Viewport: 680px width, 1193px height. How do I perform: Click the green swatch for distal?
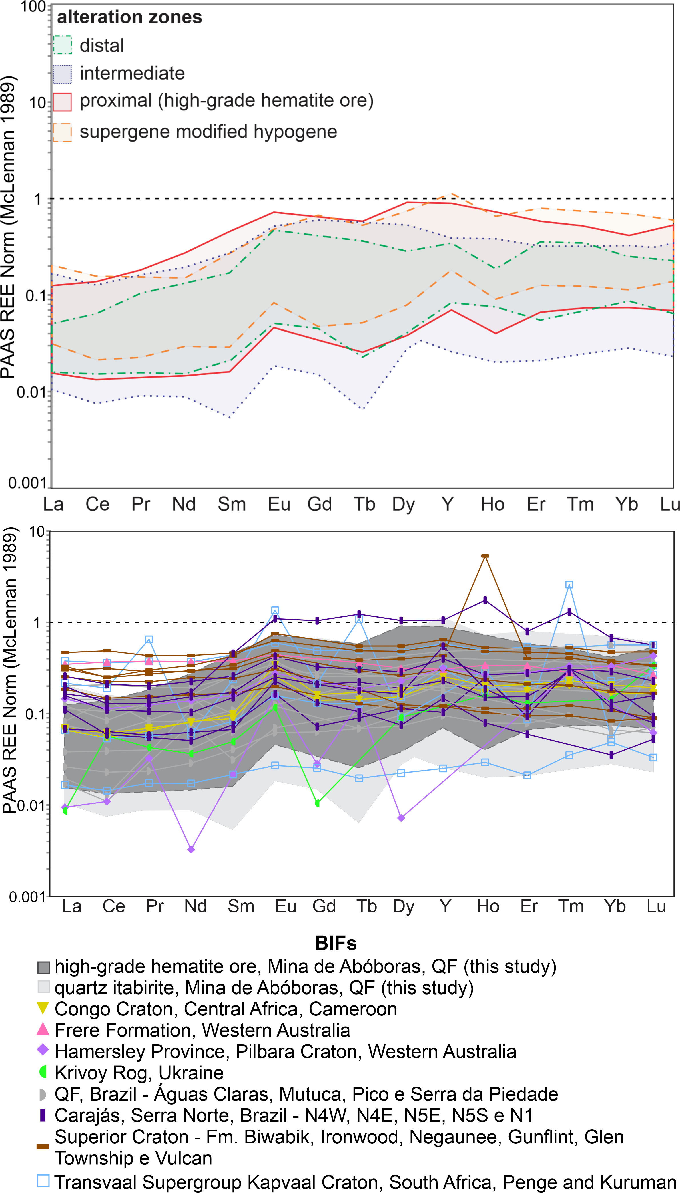click(63, 45)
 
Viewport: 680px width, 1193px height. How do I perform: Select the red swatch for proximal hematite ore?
click(63, 102)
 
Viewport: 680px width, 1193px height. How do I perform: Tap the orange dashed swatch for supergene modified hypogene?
click(63, 132)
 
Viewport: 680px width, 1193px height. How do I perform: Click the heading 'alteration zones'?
click(129, 17)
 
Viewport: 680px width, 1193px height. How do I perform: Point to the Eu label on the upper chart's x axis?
click(279, 504)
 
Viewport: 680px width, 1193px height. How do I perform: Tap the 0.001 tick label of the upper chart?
click(27, 483)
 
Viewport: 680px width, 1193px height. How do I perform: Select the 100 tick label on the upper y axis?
click(33, 7)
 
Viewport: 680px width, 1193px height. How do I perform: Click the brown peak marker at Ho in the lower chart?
click(485, 556)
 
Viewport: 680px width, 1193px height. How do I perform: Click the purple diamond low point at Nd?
click(191, 849)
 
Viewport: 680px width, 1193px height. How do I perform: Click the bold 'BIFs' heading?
click(336, 943)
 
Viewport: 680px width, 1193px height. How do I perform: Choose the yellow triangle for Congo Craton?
click(43, 1009)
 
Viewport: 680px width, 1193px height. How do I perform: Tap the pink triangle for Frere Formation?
click(43, 1029)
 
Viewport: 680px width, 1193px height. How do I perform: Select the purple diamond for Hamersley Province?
click(43, 1051)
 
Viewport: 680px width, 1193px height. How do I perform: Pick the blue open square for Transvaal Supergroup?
click(43, 1181)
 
